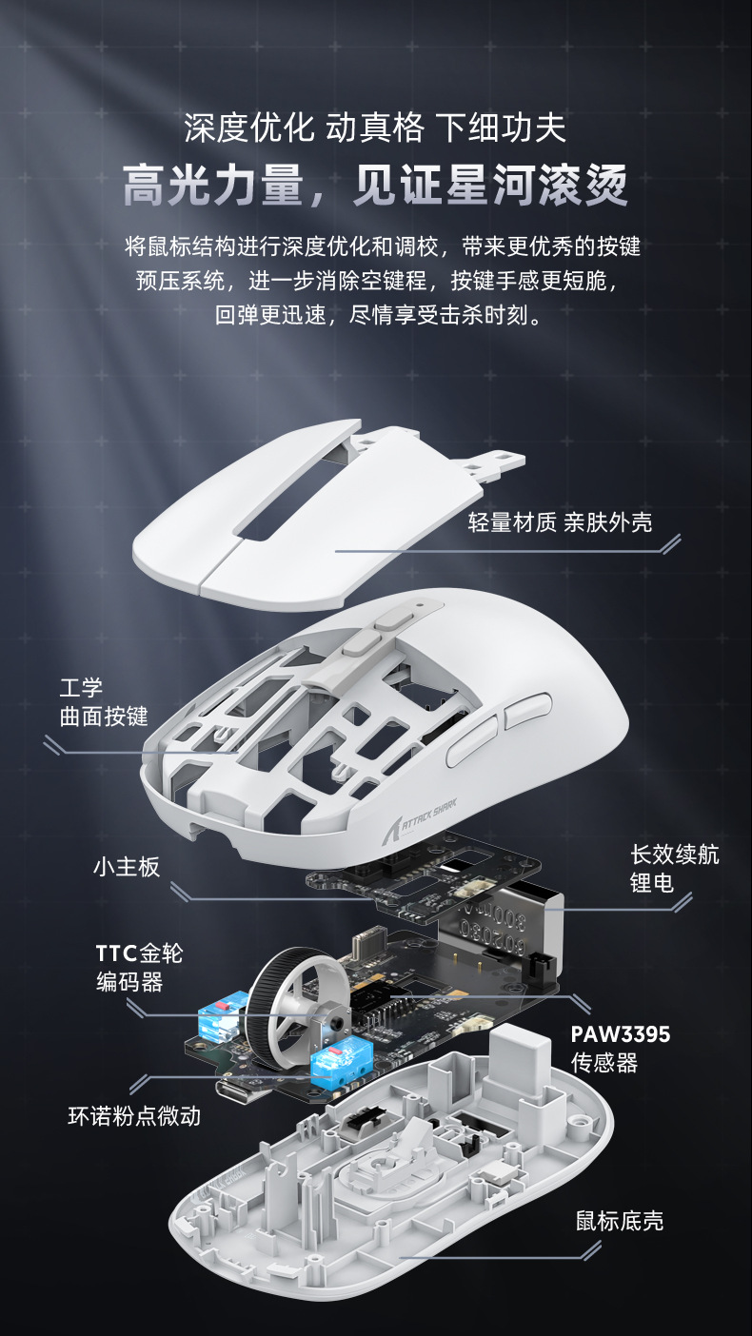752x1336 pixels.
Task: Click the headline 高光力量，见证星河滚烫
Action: [375, 185]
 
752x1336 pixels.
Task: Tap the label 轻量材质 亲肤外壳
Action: [560, 522]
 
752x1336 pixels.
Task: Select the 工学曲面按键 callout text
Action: [104, 702]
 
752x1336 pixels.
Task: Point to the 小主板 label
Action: [127, 867]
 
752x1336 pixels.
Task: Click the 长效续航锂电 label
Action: [674, 869]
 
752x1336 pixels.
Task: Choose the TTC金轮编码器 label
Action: [139, 968]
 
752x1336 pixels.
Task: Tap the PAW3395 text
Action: [620, 1034]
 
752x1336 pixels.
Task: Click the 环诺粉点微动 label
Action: [135, 1116]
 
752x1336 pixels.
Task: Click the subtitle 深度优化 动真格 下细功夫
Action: [375, 127]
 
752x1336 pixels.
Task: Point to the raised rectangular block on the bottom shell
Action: [519, 1055]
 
